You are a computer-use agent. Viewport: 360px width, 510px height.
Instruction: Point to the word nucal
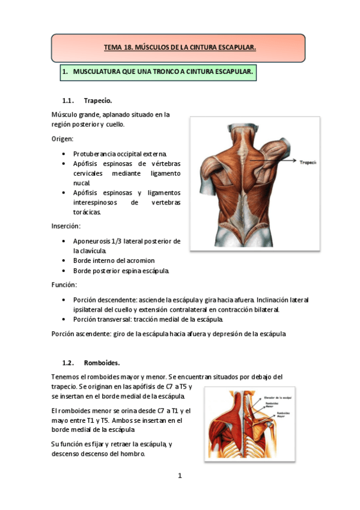click(82, 183)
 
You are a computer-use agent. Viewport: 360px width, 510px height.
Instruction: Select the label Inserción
click(66, 227)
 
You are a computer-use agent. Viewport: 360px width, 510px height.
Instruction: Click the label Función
click(64, 284)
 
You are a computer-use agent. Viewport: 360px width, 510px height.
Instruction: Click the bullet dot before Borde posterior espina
click(64, 271)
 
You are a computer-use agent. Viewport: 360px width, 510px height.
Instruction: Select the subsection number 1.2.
click(68, 363)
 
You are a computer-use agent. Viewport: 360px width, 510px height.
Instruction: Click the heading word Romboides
click(102, 363)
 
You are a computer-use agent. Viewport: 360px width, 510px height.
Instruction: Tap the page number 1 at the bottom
click(180, 476)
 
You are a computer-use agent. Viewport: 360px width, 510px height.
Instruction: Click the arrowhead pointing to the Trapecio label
click(295, 161)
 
